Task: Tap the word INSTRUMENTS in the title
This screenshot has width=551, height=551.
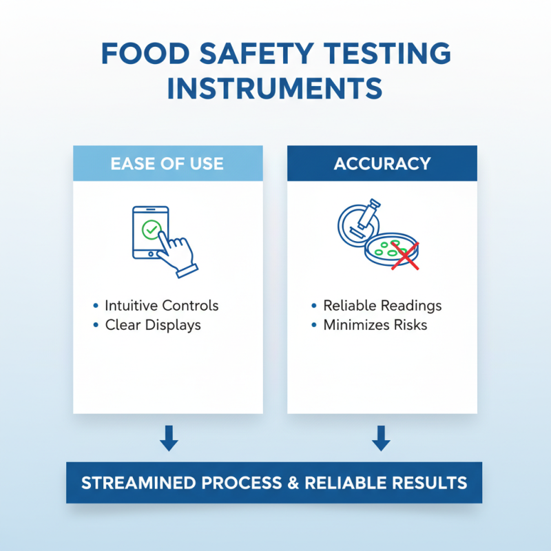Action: coord(275,89)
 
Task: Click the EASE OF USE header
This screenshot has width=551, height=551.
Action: coord(168,164)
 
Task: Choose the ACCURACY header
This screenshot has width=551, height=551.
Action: coord(382,164)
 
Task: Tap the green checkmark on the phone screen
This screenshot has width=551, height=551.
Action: coord(151,229)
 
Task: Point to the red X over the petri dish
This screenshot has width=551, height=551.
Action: coord(406,255)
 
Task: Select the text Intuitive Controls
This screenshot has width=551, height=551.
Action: coord(162,306)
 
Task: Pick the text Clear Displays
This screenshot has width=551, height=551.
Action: coord(153,324)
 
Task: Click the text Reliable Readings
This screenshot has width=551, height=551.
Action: coord(382,306)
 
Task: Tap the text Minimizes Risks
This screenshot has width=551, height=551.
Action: coord(375,324)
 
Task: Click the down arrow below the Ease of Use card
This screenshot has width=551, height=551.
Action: coord(168,439)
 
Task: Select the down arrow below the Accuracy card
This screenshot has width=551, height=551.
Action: coord(382,439)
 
